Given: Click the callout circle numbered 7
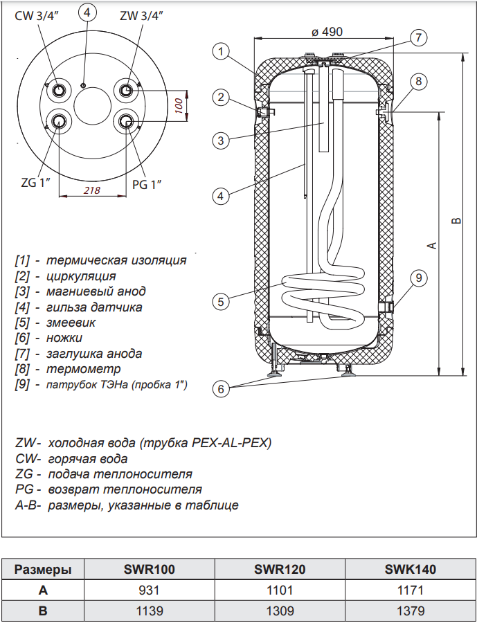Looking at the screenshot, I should pos(417,38).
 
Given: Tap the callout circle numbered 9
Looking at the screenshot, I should pos(418,278).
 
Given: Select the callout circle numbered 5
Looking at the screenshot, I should pos(220,301).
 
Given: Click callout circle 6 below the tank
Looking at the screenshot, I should pos(220,389).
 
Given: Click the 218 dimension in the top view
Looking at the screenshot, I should pos(91,190).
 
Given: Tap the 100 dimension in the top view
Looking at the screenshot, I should pos(178,106).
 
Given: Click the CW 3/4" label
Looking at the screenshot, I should pos(37,16).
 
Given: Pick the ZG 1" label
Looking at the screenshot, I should pos(33,183).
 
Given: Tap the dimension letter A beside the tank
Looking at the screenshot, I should pos(431,245).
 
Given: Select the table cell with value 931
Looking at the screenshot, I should pos(149,590).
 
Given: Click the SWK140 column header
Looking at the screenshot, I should pos(410,570).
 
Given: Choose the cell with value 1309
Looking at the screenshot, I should pos(280,611).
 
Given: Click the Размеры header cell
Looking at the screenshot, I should pos(43,570).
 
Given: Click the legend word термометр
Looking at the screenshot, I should pos(83,368).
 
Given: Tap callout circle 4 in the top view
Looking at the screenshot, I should pos(86,15).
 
